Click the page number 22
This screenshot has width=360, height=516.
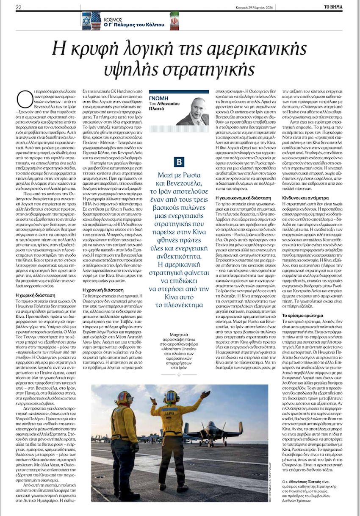19,7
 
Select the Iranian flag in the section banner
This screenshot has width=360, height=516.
174,19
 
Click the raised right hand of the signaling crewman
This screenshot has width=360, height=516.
206,395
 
